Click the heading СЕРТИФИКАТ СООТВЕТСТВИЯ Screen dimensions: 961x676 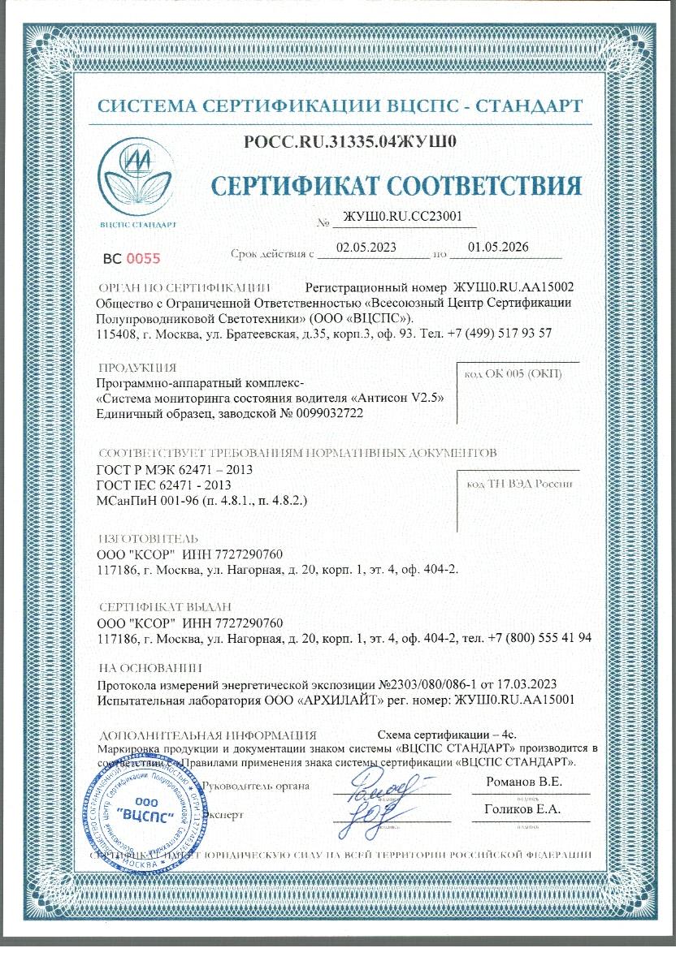pyautogui.click(x=396, y=186)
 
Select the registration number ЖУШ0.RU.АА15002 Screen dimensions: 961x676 pyautogui.click(x=513, y=287)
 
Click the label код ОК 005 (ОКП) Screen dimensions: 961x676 pyautogui.click(x=511, y=374)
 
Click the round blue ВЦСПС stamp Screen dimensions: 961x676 pyautogui.click(x=143, y=812)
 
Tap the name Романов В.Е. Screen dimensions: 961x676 pyautogui.click(x=524, y=782)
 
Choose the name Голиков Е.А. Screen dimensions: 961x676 pyautogui.click(x=522, y=809)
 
